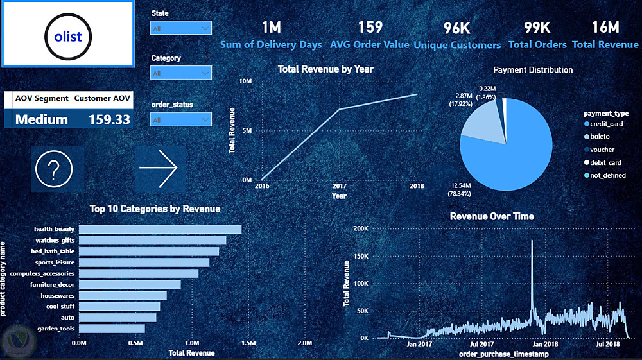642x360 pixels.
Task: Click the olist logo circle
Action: click(68, 36)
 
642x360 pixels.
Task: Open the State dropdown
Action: click(180, 28)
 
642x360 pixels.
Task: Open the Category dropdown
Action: click(180, 73)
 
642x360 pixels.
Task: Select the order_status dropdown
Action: click(180, 119)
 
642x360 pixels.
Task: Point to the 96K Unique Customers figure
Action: click(457, 28)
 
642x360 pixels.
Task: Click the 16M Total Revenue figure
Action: click(605, 28)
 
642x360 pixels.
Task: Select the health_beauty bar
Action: click(160, 229)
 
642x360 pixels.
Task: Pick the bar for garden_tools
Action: click(112, 329)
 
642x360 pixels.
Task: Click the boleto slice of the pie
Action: click(478, 122)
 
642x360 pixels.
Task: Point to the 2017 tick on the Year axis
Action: click(339, 186)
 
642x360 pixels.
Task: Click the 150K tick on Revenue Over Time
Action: click(360, 256)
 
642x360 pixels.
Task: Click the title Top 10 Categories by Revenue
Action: click(155, 209)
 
